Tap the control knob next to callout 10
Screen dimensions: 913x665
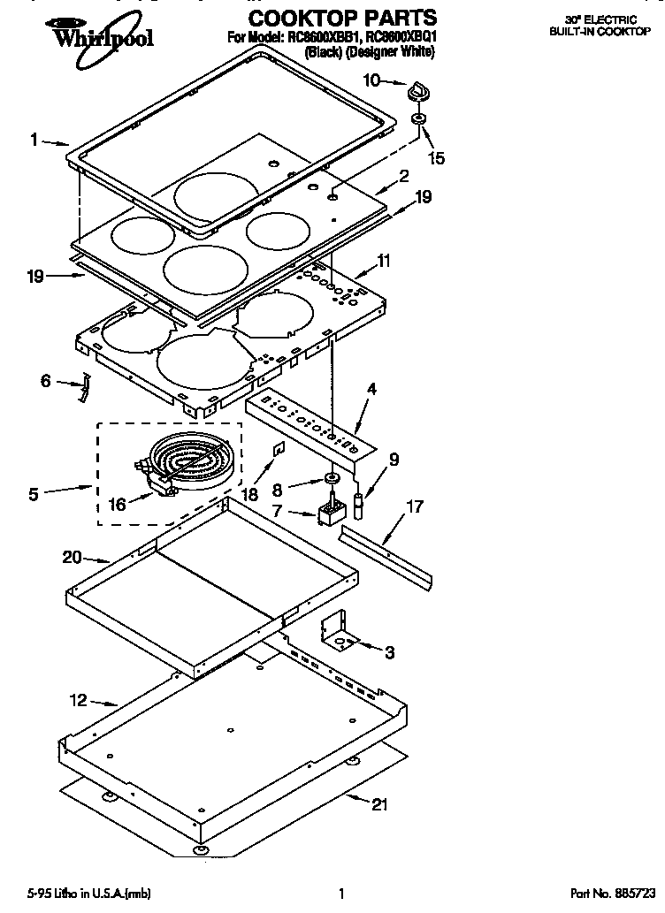pos(417,92)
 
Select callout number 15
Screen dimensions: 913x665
pos(436,158)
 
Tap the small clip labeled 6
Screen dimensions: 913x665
pos(83,386)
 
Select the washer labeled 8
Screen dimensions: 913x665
pos(332,479)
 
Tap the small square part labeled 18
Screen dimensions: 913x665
pos(277,451)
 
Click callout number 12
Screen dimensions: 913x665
pos(79,701)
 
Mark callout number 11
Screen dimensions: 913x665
pos(384,260)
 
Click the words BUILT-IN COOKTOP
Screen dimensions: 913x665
pos(612,30)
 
